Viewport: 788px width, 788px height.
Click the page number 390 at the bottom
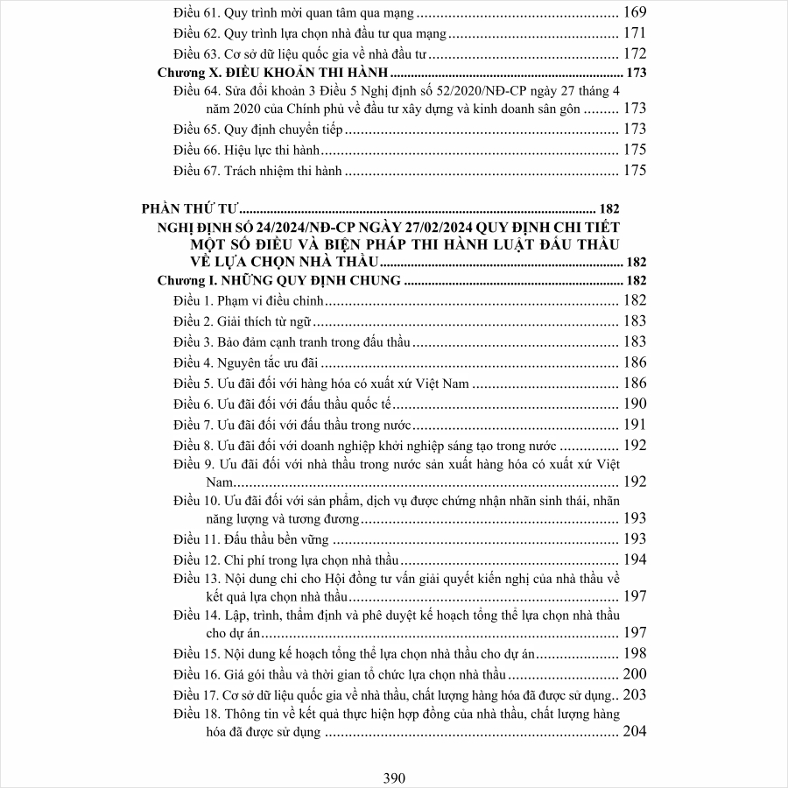(394, 777)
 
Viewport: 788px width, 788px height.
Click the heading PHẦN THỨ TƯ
(190, 209)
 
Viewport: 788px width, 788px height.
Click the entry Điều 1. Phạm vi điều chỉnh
(249, 301)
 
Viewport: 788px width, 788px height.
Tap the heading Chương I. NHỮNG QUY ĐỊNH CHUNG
(279, 281)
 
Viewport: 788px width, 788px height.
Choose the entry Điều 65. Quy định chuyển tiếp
(257, 130)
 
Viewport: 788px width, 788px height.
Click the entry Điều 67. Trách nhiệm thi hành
(257, 171)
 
